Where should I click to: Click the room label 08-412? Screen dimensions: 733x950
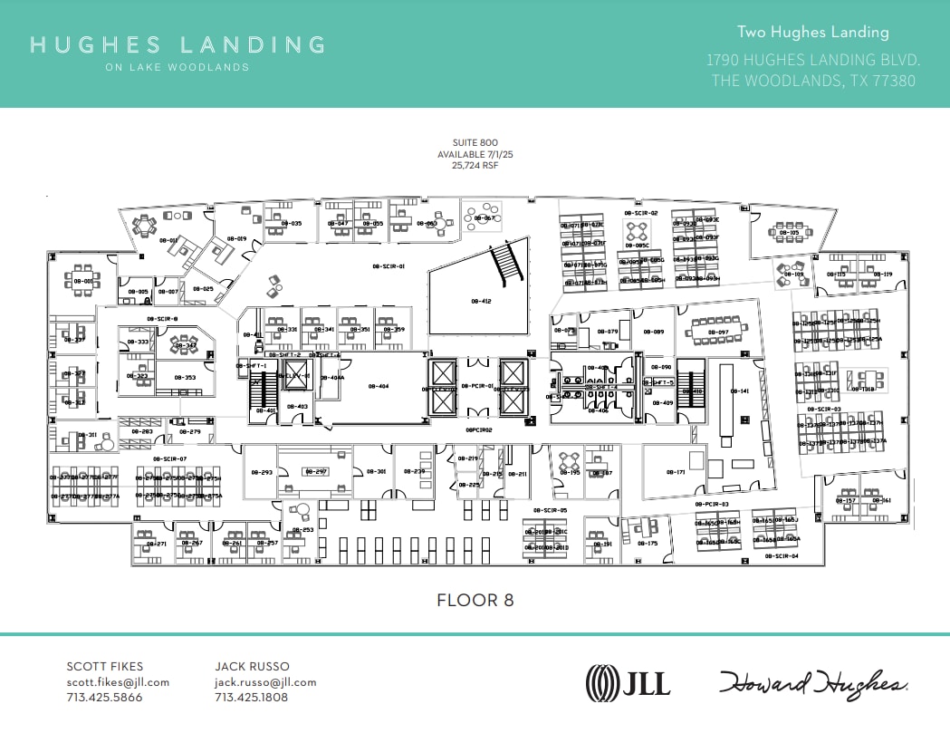pyautogui.click(x=480, y=301)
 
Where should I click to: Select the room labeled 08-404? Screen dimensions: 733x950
pyautogui.click(x=378, y=386)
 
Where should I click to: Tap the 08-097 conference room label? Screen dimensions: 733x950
pyautogui.click(x=717, y=332)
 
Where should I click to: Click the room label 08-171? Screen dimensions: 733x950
pyautogui.click(x=676, y=472)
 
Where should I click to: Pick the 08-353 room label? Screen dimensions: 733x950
pyautogui.click(x=184, y=377)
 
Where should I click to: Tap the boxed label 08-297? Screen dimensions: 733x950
pyautogui.click(x=315, y=472)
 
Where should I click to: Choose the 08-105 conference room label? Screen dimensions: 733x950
pyautogui.click(x=788, y=233)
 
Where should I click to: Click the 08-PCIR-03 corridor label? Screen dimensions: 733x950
pyautogui.click(x=712, y=504)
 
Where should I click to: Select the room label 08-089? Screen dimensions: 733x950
pyautogui.click(x=653, y=332)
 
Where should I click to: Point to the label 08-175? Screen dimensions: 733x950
pyautogui.click(x=648, y=543)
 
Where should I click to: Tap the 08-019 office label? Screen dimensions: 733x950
pyautogui.click(x=236, y=238)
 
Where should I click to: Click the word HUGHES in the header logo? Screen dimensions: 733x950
pyautogui.click(x=95, y=44)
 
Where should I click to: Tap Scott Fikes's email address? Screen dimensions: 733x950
pyautogui.click(x=118, y=682)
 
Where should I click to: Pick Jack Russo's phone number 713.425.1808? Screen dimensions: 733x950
pyautogui.click(x=251, y=698)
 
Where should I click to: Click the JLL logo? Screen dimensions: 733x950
pyautogui.click(x=629, y=682)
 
